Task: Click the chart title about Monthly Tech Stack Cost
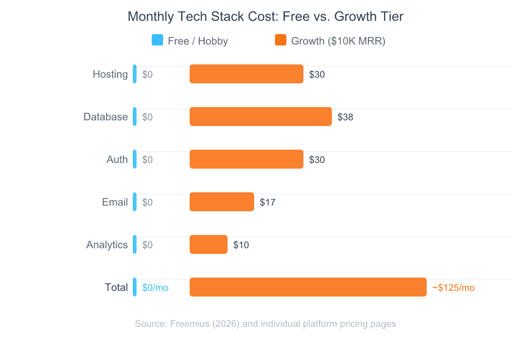[x=265, y=17]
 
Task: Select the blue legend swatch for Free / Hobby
[x=157, y=40]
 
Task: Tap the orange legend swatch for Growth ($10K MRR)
[x=281, y=40]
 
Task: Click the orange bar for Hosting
[x=247, y=74]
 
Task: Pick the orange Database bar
[x=261, y=117]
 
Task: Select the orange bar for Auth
[x=247, y=159]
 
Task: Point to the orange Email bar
[x=222, y=202]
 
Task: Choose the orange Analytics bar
[x=209, y=244]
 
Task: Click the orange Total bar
[x=308, y=287]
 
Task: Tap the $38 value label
[x=345, y=117]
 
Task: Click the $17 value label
[x=267, y=202]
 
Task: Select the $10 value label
[x=241, y=245]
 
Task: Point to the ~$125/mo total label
[x=453, y=288]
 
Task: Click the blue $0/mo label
[x=156, y=288]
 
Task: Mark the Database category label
[x=106, y=117]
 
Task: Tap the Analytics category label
[x=107, y=245]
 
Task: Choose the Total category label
[x=116, y=288]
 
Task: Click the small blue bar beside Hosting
[x=135, y=74]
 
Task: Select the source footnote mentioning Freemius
[x=265, y=324]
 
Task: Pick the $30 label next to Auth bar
[x=317, y=160]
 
